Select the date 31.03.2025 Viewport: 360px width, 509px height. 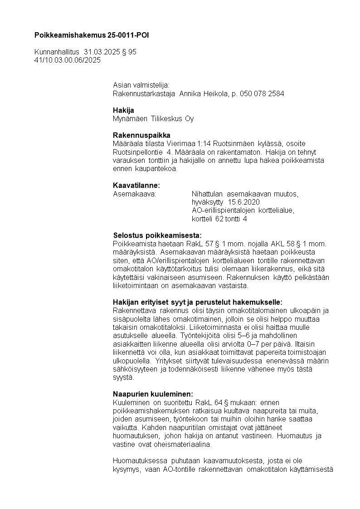pyautogui.click(x=102, y=52)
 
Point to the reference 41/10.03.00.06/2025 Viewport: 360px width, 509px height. pyautogui.click(x=68, y=59)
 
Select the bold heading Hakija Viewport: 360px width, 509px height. pyautogui.click(x=123, y=110)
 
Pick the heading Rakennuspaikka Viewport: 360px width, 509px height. pyautogui.click(x=141, y=135)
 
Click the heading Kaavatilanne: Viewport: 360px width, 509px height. pyautogui.click(x=136, y=185)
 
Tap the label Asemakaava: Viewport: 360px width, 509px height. pyautogui.click(x=134, y=194)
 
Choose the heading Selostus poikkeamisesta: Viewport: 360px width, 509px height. pyautogui.click(x=157, y=235)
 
